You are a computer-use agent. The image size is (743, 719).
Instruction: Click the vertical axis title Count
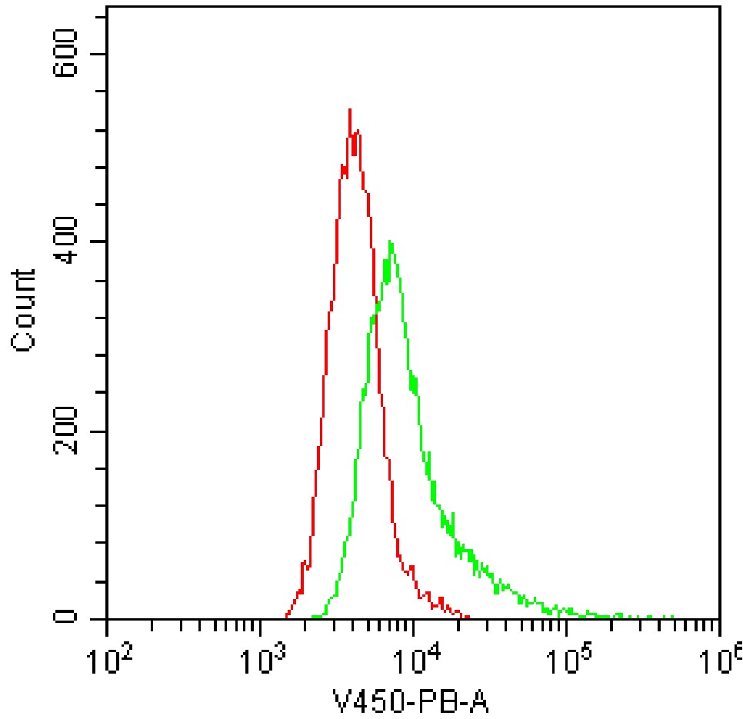coord(25,311)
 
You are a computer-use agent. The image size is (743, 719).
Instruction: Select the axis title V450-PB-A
coord(411,701)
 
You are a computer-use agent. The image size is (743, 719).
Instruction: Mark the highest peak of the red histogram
coord(350,110)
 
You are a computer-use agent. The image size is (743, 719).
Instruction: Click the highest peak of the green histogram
coord(391,242)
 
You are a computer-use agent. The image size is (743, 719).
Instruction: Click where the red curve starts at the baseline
coord(286,617)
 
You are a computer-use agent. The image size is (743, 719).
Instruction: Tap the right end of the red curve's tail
coord(468,617)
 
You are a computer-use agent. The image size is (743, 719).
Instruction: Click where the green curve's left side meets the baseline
coord(314,617)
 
